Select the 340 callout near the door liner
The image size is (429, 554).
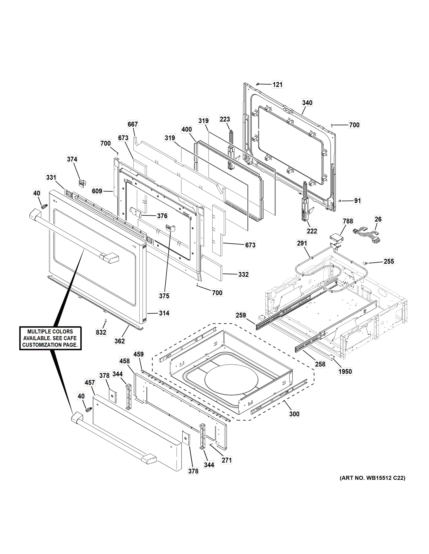307,103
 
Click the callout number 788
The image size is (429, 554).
348,221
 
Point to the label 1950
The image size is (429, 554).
345,372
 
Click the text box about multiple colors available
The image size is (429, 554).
50,338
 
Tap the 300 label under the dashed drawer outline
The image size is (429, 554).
294,414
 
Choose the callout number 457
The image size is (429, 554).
90,382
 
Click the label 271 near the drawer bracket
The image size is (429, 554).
226,460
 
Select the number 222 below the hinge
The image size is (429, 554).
312,231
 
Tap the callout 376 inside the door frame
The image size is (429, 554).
162,216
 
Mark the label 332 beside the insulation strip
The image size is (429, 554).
243,274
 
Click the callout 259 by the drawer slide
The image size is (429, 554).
241,315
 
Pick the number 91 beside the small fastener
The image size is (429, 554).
357,201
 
